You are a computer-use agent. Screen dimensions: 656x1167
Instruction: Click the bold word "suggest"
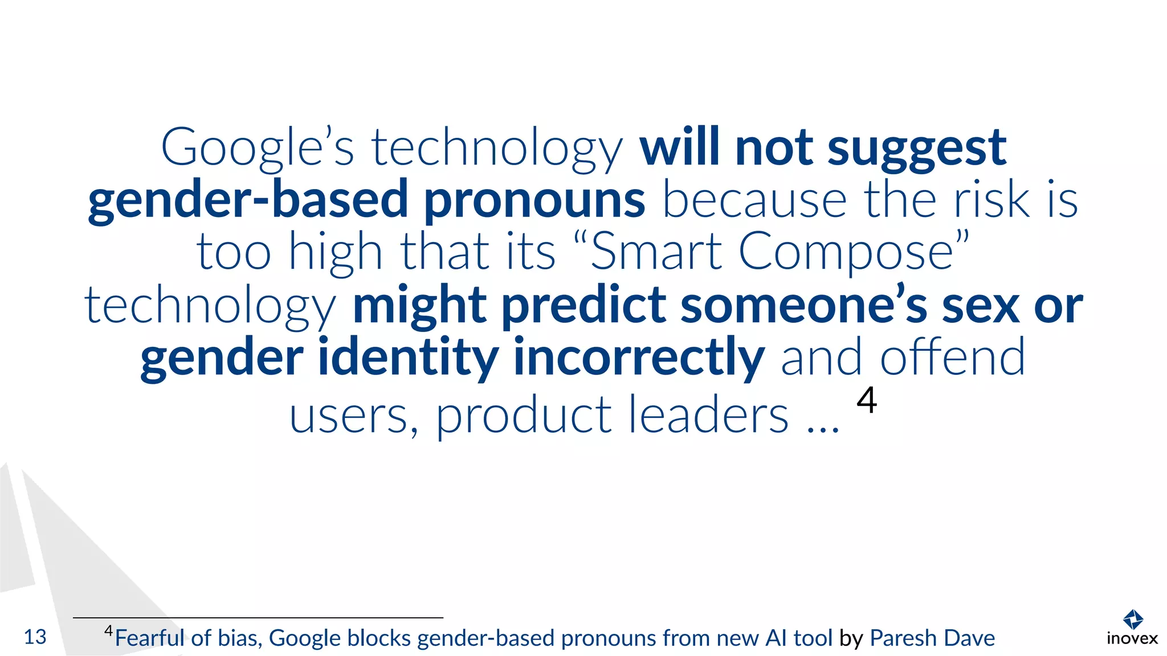pyautogui.click(x=917, y=149)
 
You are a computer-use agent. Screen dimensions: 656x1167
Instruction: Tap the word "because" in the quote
pyautogui.click(x=754, y=200)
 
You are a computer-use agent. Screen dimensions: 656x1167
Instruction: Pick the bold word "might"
pyautogui.click(x=419, y=306)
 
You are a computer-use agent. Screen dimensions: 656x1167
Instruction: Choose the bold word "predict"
pyautogui.click(x=583, y=306)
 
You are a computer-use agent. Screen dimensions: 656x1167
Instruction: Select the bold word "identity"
pyautogui.click(x=408, y=358)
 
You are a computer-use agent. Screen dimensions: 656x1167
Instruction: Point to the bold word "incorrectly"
pyautogui.click(x=639, y=358)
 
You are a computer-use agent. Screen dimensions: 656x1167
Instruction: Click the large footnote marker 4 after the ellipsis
pyautogui.click(x=867, y=400)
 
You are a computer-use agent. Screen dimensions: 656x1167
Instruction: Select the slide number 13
pyautogui.click(x=35, y=637)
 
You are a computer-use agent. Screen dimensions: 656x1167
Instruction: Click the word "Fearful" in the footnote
pyautogui.click(x=150, y=638)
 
